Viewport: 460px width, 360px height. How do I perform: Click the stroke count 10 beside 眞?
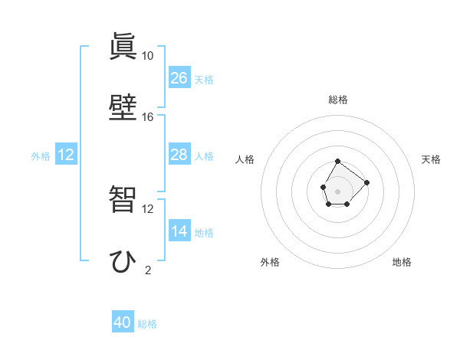148,56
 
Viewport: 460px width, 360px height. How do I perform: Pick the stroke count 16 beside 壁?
148,117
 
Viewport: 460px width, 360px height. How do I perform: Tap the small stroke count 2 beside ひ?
148,270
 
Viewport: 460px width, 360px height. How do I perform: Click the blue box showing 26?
179,78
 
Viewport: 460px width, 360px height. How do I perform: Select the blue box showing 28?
179,155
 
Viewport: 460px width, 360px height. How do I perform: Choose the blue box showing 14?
179,231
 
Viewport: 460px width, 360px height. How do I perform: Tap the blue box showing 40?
123,322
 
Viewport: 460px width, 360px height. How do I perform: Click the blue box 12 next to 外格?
66,155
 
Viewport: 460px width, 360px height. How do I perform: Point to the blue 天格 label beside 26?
204,80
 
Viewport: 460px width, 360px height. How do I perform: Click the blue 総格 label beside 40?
147,324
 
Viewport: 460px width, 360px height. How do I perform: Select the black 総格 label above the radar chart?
338,100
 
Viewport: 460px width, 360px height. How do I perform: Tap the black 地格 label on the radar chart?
402,262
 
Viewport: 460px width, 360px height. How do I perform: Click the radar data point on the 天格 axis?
367,182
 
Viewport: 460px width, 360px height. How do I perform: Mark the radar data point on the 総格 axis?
338,162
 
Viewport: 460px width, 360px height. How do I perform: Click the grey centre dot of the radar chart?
338,190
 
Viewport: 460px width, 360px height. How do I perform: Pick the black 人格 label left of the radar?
245,159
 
